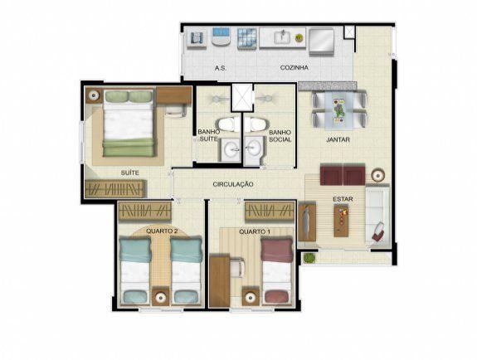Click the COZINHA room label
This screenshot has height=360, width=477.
point(294,67)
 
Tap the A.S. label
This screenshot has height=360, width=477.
point(220,68)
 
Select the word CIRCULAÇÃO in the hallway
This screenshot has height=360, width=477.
point(233,184)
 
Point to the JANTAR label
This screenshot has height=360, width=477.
point(338,139)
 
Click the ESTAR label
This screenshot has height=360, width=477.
point(343,199)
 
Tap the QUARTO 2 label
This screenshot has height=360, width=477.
point(162,231)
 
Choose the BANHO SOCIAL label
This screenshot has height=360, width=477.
point(280,136)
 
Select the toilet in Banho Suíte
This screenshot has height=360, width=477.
point(227,124)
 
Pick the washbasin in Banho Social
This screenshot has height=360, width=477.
point(253,149)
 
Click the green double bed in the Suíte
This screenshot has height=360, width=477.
point(129,124)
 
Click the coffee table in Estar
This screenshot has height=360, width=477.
point(341,221)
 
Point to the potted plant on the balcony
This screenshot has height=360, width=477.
point(309,258)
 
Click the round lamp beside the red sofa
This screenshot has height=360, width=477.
point(377,176)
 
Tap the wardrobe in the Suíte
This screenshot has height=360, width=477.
point(115,188)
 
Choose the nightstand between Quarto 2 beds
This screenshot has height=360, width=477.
point(161,296)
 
